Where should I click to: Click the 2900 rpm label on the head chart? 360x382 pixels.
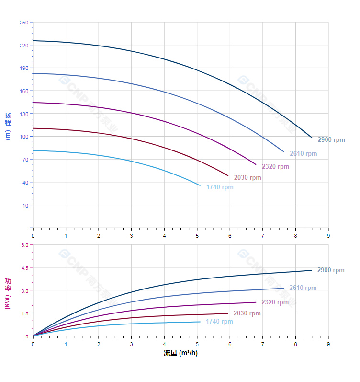point(331,140)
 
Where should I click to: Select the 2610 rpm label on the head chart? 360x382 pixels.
point(303,154)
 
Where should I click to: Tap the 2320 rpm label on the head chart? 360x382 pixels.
point(275,167)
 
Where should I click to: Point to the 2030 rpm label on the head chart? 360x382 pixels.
point(247,178)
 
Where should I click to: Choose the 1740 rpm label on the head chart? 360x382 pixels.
point(220,187)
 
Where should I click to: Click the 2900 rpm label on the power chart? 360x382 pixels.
point(330,270)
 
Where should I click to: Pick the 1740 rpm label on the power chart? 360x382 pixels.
point(219,322)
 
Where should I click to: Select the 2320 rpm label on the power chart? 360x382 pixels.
point(275,302)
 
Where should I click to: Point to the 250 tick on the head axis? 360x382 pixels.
point(23,23)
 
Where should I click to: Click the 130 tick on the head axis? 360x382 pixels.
point(23,114)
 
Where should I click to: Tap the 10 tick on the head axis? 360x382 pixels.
point(25,205)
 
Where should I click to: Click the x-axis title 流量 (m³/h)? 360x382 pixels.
point(180,353)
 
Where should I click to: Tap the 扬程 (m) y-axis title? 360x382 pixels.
point(8,126)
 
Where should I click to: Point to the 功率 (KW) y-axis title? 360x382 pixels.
point(8,292)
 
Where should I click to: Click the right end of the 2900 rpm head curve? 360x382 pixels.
point(312,138)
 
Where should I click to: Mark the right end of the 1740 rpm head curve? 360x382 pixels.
point(200,185)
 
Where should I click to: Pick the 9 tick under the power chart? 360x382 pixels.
point(328,344)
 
